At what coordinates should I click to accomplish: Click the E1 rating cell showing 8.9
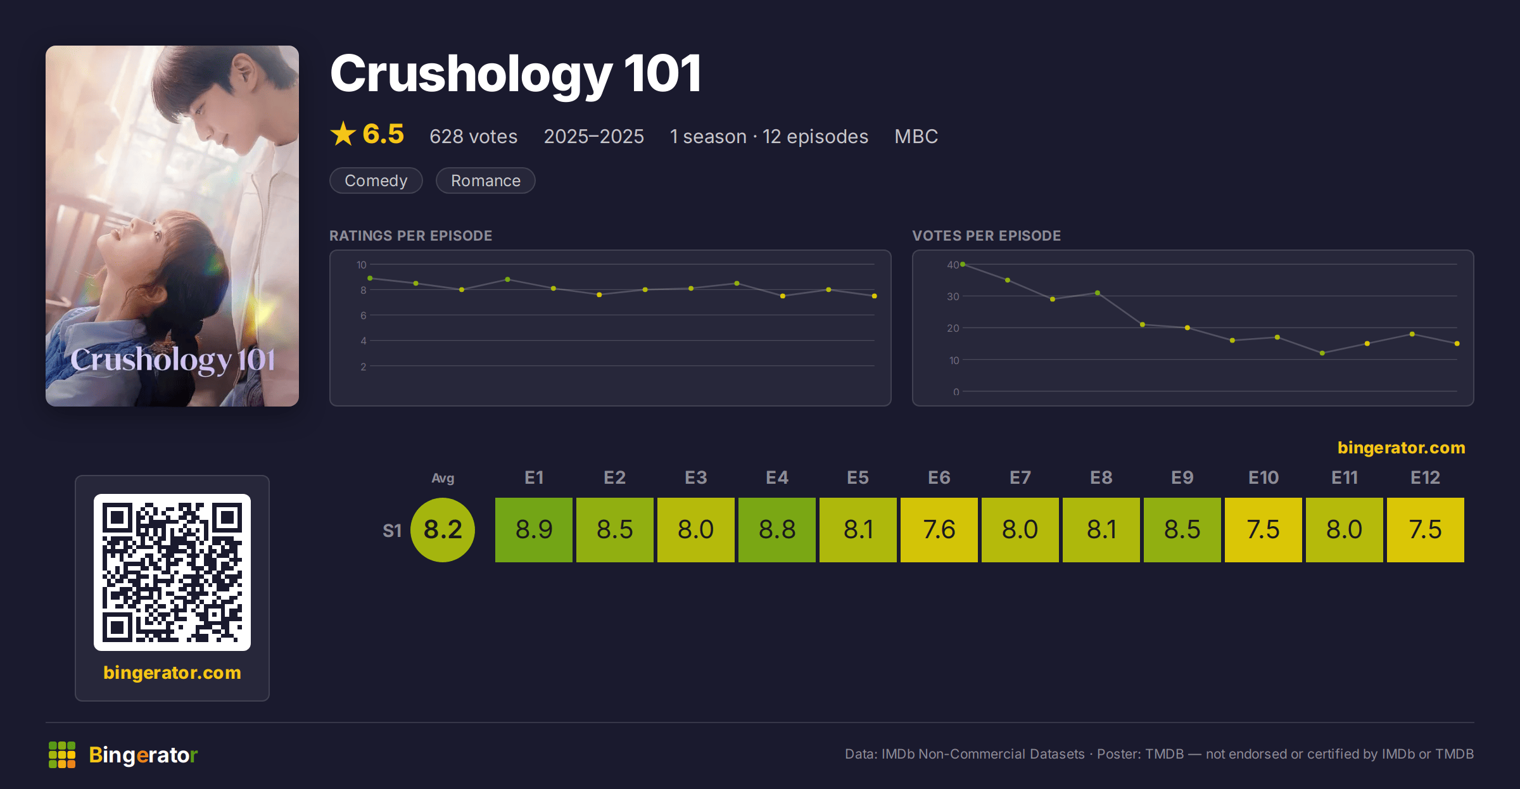[534, 529]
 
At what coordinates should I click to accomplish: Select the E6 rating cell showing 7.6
[939, 529]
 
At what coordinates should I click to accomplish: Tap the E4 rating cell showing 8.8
[777, 529]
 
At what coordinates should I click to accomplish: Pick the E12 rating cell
[1426, 529]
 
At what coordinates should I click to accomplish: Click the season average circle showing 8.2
[443, 529]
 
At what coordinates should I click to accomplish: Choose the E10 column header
[1263, 477]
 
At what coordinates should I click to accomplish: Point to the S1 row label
[392, 531]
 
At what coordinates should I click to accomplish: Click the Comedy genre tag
[376, 180]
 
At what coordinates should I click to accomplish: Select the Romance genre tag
[486, 180]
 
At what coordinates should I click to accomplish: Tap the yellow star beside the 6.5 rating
[343, 134]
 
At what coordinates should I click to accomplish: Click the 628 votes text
[474, 136]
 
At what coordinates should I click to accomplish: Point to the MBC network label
[916, 136]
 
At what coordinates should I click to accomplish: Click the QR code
[172, 572]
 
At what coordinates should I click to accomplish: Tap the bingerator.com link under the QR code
[172, 672]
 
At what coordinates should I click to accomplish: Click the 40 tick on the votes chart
[953, 265]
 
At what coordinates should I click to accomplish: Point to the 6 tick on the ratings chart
[364, 315]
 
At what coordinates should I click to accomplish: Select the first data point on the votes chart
[963, 264]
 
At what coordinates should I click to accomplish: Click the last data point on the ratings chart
[875, 296]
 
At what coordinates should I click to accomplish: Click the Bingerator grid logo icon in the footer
[62, 755]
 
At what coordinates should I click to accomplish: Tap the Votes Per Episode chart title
[987, 236]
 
